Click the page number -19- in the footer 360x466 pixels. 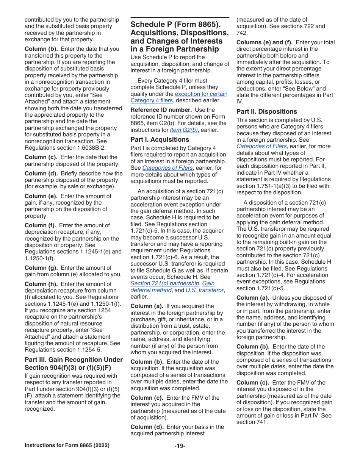[x=180, y=446]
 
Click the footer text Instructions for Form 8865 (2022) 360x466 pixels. [x=67, y=446]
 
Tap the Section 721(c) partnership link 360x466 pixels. [x=165, y=283]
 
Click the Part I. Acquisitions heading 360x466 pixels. [x=160, y=139]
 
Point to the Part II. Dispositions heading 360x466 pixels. [x=267, y=111]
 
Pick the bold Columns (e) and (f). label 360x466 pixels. [x=265, y=42]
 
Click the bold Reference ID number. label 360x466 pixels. [x=161, y=110]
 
